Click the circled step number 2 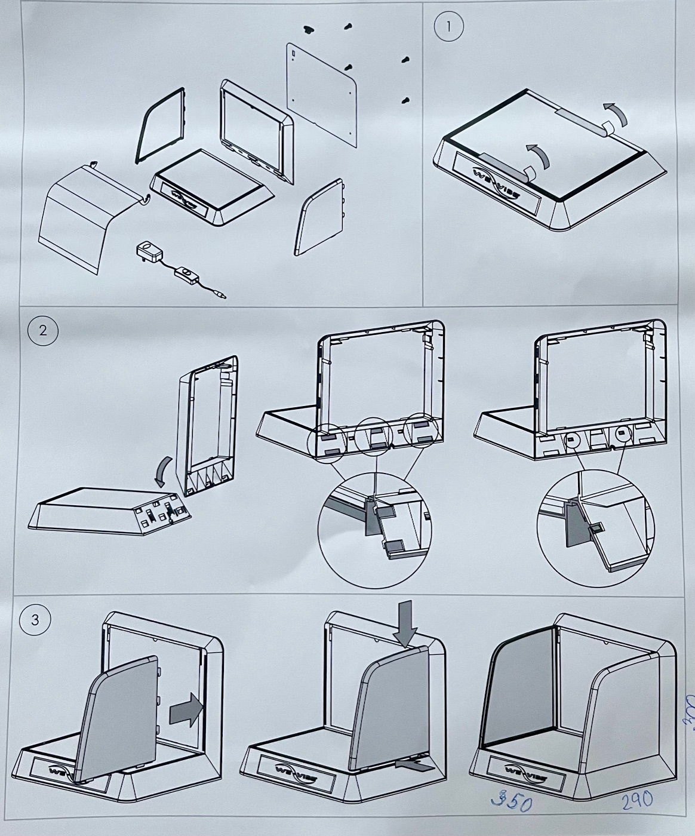point(42,330)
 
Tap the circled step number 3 point(35,620)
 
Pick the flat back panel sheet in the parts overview point(322,94)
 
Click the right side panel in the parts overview point(321,217)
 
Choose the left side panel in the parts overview point(160,125)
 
